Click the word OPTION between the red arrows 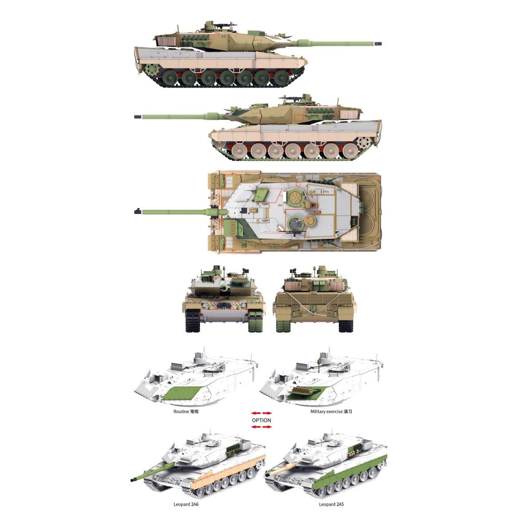[x=261, y=420]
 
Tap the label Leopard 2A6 [x=186, y=504]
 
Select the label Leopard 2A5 [x=332, y=504]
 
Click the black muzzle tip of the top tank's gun [x=378, y=44]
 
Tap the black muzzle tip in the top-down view [x=137, y=211]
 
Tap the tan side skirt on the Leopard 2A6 [x=228, y=472]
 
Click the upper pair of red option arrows [x=261, y=413]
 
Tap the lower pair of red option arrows [x=261, y=427]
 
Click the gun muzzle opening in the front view [x=225, y=288]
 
